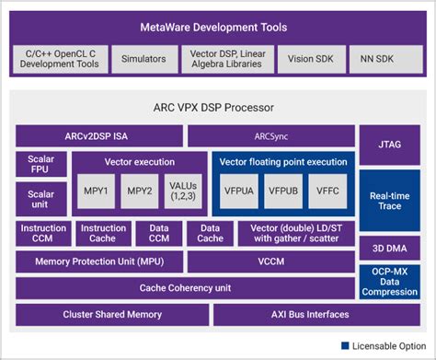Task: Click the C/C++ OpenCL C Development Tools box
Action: click(x=61, y=58)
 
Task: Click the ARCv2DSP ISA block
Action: click(x=98, y=136)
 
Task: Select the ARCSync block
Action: click(x=271, y=136)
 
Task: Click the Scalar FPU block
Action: click(x=41, y=167)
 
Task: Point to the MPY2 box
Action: click(x=140, y=192)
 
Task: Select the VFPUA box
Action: click(x=238, y=192)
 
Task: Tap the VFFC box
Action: click(x=327, y=192)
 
